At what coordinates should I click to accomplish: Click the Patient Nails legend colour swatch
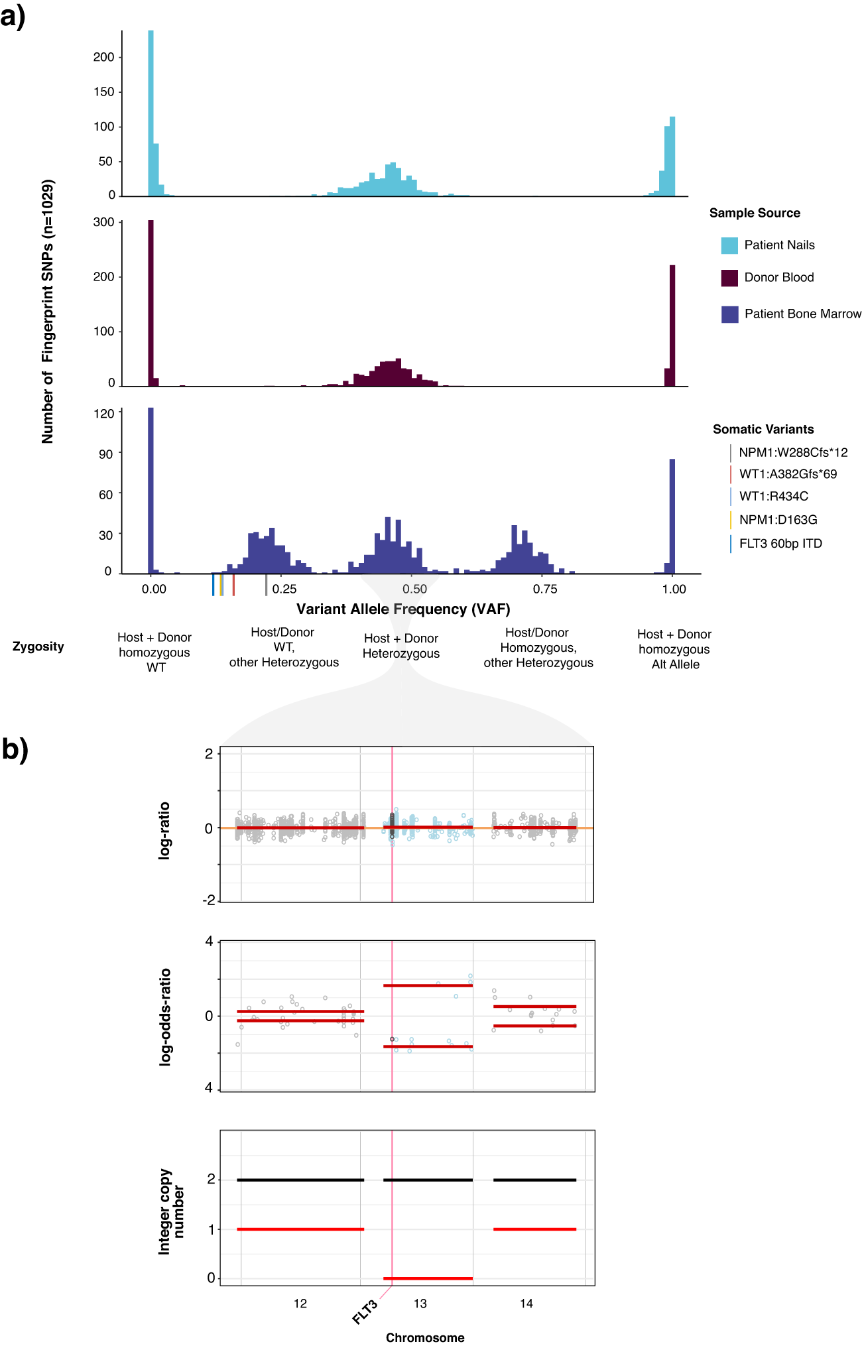(729, 245)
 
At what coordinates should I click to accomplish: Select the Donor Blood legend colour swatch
(729, 278)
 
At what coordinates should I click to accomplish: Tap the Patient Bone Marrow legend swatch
(729, 314)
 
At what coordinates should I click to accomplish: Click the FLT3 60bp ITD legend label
(780, 544)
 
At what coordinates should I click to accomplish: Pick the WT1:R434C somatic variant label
(773, 496)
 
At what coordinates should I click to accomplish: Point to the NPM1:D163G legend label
(778, 520)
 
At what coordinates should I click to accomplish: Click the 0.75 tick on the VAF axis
(545, 589)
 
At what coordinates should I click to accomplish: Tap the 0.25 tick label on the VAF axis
(284, 589)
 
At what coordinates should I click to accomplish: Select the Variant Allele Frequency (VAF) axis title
(403, 609)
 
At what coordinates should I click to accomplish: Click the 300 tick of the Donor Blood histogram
(104, 222)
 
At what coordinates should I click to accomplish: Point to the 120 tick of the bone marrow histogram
(104, 414)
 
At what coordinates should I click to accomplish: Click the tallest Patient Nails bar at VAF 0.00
(151, 113)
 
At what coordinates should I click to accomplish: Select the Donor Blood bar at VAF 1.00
(672, 325)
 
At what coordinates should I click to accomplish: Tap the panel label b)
(15, 749)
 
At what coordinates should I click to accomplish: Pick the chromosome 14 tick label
(526, 1304)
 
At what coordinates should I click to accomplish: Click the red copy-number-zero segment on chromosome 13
(428, 1278)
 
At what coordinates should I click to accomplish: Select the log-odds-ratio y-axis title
(165, 1016)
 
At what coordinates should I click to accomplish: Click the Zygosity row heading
(38, 646)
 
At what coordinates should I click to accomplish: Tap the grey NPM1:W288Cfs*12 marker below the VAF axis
(266, 585)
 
